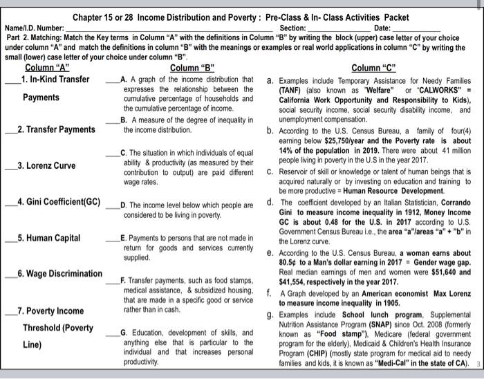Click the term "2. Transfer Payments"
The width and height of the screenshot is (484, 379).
[x=57, y=129]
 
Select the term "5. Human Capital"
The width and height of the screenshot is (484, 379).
[x=49, y=238]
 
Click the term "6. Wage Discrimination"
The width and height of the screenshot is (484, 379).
[x=60, y=274]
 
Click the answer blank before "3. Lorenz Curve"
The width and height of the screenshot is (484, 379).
[x=9, y=167]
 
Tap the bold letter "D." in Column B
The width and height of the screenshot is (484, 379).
[x=124, y=205]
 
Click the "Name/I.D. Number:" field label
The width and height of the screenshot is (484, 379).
[x=33, y=27]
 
